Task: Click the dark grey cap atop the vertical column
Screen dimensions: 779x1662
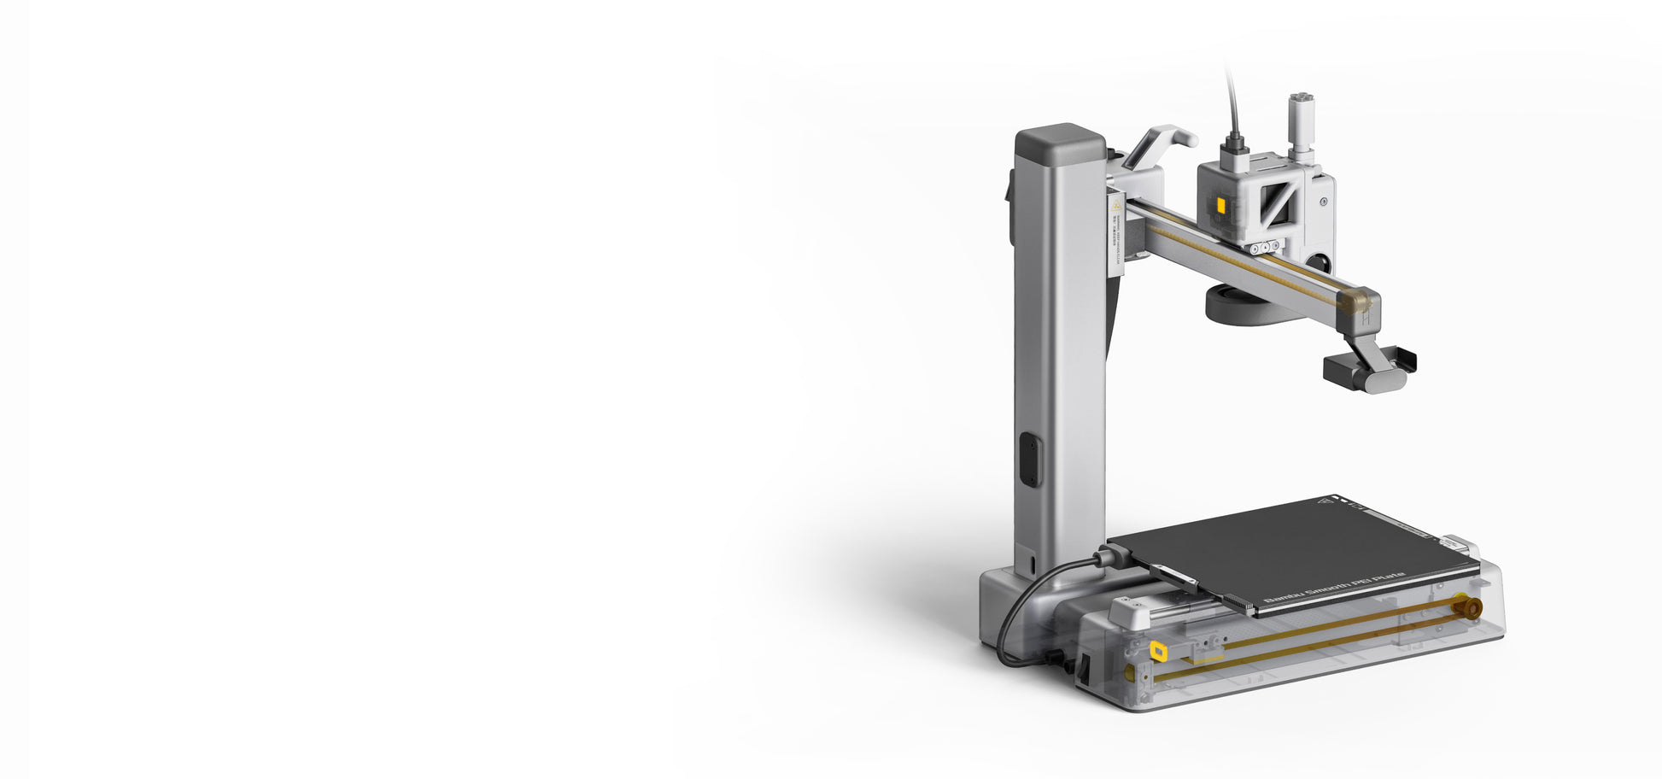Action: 1060,142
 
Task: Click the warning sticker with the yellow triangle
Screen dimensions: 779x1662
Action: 1115,205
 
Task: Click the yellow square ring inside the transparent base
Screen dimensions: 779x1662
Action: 1158,652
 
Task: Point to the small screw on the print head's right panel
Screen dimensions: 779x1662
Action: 1323,202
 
